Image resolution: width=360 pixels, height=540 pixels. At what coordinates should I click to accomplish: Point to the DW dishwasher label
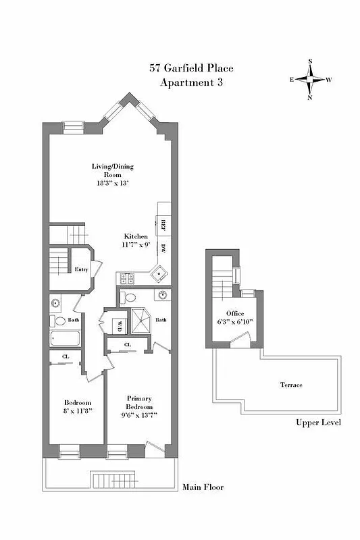coord(163,248)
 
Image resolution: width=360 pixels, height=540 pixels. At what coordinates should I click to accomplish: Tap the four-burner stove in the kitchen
coord(127,277)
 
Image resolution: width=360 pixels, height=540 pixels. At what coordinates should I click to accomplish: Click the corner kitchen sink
coord(159,273)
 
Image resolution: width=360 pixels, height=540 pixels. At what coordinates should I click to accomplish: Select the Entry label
coord(81,269)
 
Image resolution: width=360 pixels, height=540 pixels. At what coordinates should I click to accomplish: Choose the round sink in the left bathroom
coord(55,303)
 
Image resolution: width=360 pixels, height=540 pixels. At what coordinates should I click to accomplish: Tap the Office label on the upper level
coord(233,313)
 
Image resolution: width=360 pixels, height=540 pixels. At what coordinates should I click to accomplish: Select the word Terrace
coord(291,385)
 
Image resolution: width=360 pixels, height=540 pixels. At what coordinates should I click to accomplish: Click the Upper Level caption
coord(317,423)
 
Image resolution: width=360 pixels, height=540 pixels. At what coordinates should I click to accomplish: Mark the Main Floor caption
coord(203,487)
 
